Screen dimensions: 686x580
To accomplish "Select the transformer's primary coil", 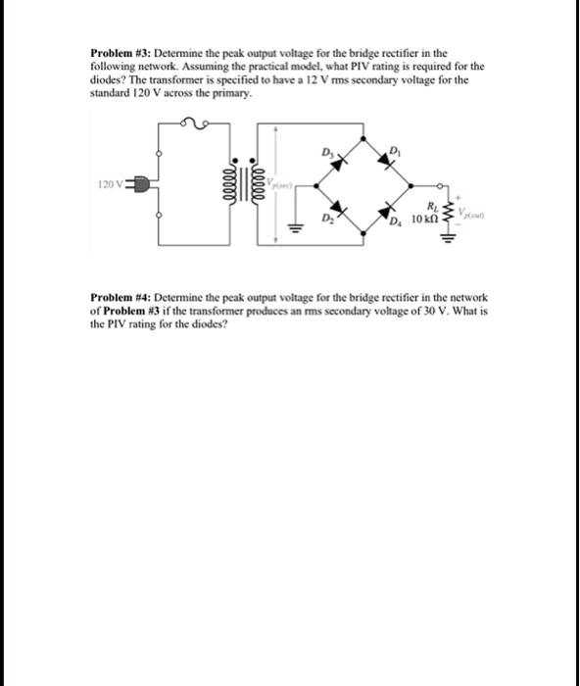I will tap(234, 183).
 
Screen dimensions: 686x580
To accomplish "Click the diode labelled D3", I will tap(337, 159).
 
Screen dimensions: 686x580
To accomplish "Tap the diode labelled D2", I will tap(337, 210).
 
